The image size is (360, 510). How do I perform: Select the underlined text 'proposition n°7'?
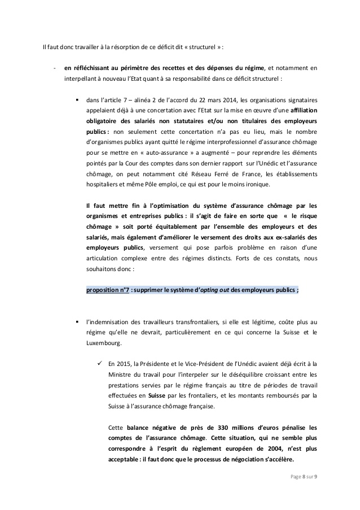click(107, 290)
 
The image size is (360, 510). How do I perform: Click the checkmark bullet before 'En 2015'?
click(99, 364)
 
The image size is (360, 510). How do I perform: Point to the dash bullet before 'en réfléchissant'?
click(54, 69)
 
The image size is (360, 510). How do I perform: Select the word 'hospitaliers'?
click(105, 185)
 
